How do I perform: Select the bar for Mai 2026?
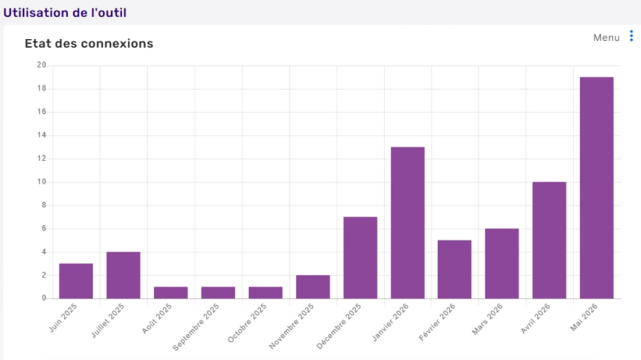point(597,188)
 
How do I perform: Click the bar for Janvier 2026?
point(408,222)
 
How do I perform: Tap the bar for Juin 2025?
point(76,281)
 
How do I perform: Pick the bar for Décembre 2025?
point(360,258)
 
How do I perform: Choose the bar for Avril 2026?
point(549,240)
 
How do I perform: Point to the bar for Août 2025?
point(171,292)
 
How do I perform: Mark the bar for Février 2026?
point(454,269)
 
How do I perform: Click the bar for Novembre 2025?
point(313,287)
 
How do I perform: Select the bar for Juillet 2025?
point(123,275)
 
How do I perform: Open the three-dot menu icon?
point(632,36)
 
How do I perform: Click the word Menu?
point(606,38)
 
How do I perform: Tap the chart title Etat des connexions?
point(89,43)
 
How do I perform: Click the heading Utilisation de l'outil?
point(65,13)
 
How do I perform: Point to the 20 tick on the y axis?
point(41,65)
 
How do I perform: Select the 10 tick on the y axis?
point(41,182)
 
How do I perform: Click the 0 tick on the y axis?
point(44,298)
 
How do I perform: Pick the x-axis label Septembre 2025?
point(196,327)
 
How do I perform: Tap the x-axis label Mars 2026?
point(487,319)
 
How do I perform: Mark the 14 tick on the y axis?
point(41,135)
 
